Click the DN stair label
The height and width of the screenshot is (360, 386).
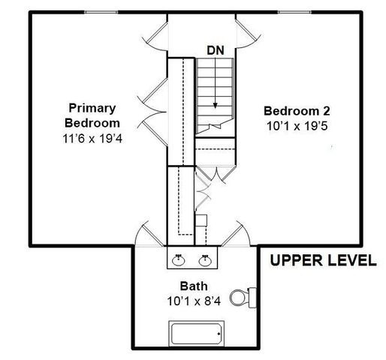(216, 50)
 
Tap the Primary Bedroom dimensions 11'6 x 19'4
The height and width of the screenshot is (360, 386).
(92, 139)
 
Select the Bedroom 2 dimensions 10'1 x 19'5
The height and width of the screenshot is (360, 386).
(297, 126)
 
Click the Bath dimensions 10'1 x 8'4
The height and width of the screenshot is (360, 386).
(194, 301)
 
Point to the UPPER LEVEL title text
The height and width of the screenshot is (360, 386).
(324, 260)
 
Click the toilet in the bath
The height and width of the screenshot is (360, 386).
(243, 298)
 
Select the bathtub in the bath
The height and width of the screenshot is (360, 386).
(197, 334)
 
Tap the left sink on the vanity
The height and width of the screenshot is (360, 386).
(179, 260)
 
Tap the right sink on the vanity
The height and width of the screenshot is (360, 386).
(205, 260)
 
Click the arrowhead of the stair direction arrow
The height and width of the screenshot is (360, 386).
(216, 106)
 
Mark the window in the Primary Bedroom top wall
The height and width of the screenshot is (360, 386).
(101, 12)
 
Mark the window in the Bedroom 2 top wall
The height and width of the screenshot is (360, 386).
(294, 12)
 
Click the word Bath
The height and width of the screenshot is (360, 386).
(194, 286)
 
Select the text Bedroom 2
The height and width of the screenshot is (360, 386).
(297, 111)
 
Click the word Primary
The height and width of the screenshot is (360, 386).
(92, 108)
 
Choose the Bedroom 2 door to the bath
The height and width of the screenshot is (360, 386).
(236, 233)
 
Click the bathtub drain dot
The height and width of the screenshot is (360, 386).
(219, 334)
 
